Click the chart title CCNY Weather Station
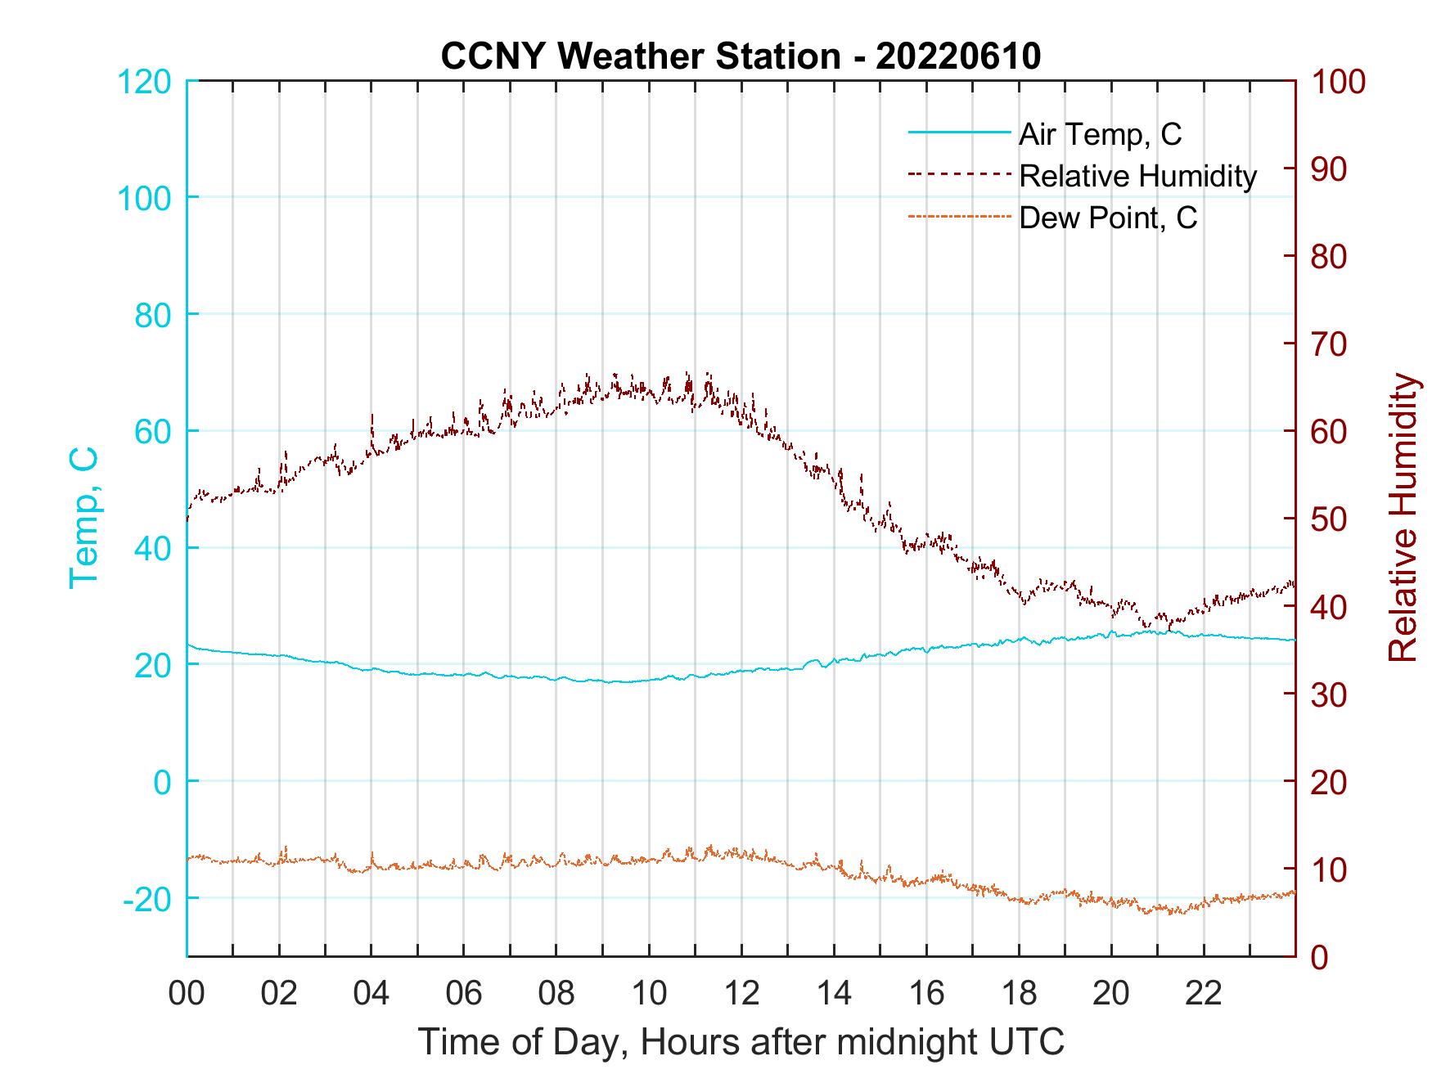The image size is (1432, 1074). [x=741, y=56]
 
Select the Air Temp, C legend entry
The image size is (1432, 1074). [x=1100, y=134]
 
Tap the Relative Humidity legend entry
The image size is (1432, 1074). [x=1137, y=176]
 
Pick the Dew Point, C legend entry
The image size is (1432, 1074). [x=1108, y=218]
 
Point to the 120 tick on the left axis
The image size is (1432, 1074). [x=145, y=82]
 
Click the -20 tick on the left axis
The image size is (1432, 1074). [x=146, y=899]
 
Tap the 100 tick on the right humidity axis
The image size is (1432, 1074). [x=1338, y=82]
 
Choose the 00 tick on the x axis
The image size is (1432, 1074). [x=187, y=994]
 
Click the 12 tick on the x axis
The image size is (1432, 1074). [x=741, y=994]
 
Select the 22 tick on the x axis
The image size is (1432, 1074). [x=1204, y=994]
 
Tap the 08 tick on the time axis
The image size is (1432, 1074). [x=556, y=994]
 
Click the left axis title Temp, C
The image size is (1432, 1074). [x=83, y=518]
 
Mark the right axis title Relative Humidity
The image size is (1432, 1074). [x=1403, y=518]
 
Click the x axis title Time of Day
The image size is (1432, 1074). [x=741, y=1043]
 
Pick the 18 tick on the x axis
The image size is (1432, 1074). [x=1019, y=994]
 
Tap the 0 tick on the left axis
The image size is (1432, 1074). [x=163, y=782]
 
